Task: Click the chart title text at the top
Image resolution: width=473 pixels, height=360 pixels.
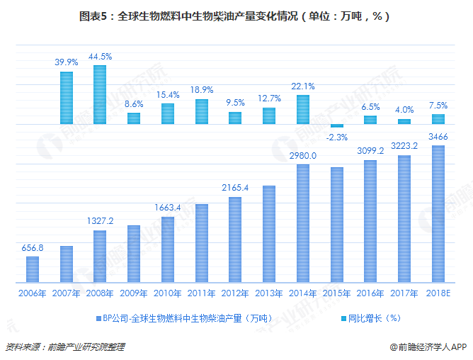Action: click(236, 15)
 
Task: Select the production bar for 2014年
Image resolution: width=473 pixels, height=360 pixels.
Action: click(303, 223)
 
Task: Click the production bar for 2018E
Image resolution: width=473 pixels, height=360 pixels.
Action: click(438, 213)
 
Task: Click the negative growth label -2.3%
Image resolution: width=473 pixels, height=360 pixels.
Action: click(337, 137)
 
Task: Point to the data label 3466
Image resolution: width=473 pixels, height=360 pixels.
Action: click(438, 135)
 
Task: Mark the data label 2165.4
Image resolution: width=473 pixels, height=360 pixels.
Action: click(235, 187)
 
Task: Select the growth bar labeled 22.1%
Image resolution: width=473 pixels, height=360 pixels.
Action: click(303, 110)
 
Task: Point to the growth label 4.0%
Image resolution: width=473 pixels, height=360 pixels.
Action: click(404, 110)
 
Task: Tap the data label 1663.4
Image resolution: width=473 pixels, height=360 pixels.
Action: click(168, 207)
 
